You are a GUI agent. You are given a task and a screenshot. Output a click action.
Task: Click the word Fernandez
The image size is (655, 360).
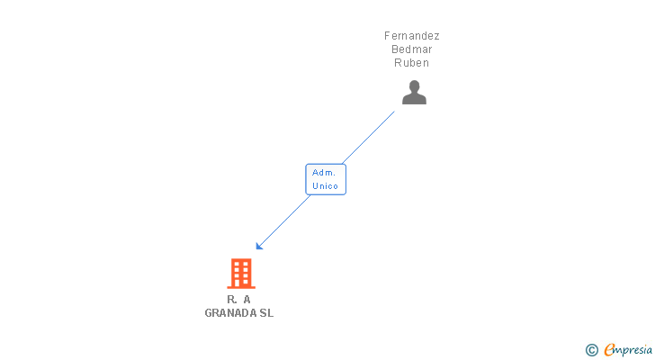tap(412, 36)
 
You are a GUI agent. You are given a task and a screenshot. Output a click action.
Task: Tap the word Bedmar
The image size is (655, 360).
tap(412, 49)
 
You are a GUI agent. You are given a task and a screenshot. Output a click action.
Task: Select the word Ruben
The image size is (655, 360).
tap(412, 63)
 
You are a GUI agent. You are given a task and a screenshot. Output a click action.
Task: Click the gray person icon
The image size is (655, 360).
tap(414, 93)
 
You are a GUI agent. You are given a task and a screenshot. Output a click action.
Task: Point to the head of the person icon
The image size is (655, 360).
tap(414, 86)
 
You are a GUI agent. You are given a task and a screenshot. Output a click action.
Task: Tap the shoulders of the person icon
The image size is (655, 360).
tap(414, 99)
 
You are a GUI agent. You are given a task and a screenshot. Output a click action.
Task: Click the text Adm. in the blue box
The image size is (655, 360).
tap(324, 172)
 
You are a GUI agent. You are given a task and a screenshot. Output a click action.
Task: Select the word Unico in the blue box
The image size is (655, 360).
tap(326, 186)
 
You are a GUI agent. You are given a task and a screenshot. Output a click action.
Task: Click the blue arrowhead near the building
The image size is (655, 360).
tap(259, 246)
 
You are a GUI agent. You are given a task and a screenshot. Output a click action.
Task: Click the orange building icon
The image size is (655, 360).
tap(241, 273)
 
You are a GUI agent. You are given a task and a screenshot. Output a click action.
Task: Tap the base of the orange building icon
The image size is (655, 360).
tap(241, 286)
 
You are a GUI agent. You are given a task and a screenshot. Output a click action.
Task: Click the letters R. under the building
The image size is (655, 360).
tap(232, 299)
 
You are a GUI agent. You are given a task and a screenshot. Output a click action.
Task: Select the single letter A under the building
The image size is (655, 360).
tap(247, 299)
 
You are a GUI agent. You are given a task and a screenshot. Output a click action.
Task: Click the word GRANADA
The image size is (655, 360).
tap(230, 313)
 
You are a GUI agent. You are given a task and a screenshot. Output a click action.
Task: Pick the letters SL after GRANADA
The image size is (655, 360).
tap(266, 313)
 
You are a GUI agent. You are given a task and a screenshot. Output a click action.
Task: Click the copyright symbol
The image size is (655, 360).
tap(591, 350)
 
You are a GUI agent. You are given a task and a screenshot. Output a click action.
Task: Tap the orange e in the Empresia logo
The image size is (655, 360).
tap(609, 350)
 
